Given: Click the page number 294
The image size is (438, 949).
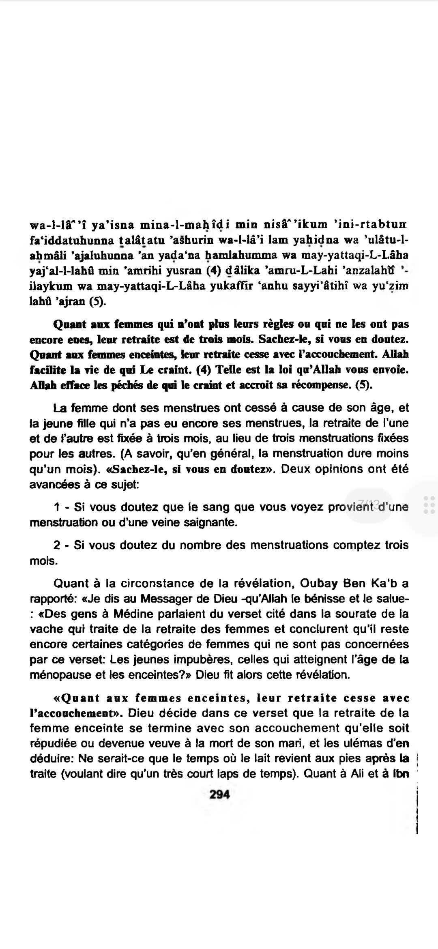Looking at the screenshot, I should point(219,795).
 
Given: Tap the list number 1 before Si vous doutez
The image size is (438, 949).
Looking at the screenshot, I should point(57,507).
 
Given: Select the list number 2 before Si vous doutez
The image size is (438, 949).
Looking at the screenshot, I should point(57,545).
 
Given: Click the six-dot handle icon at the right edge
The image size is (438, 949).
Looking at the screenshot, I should point(429,505).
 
